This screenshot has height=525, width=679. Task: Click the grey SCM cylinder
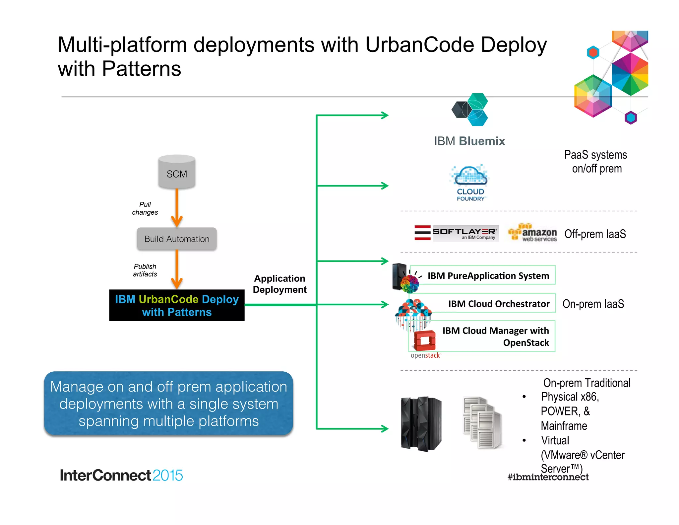coord(177,172)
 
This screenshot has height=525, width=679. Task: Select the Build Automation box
coord(177,239)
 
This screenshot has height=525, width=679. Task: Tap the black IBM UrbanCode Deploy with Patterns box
coord(177,305)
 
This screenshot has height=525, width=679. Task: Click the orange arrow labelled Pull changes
coord(177,207)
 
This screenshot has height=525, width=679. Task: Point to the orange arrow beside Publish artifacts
coord(177,269)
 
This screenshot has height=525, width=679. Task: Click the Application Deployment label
coord(279,284)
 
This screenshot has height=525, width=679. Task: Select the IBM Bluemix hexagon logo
coord(470,110)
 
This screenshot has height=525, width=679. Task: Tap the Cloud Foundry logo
coord(470,183)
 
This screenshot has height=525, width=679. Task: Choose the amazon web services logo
coord(533,233)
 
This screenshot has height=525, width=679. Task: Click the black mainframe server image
coord(421,424)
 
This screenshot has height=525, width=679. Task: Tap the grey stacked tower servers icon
coord(482,423)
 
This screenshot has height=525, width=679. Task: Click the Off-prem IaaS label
coord(595,234)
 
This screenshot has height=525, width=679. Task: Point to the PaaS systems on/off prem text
coord(596,162)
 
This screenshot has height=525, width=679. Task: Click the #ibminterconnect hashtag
coord(548,477)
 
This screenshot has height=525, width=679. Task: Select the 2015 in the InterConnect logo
coord(168,475)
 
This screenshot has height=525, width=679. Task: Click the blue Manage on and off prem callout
coord(168,404)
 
